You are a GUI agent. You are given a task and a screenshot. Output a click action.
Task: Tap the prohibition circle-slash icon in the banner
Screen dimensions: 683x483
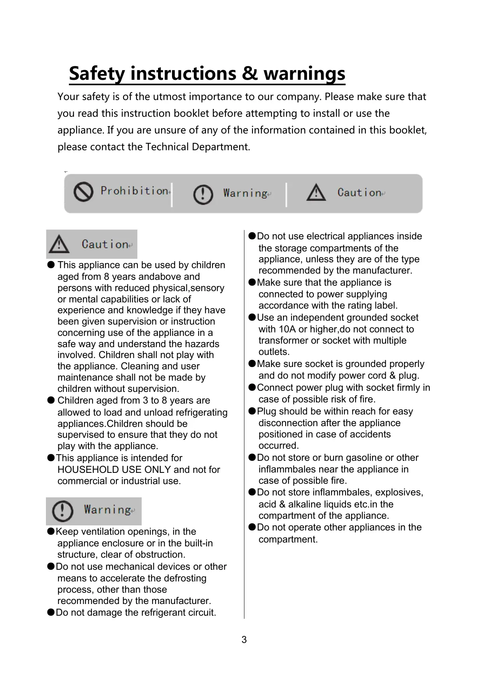83,192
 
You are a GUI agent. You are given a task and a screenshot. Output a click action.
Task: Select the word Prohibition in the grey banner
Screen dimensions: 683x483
134,191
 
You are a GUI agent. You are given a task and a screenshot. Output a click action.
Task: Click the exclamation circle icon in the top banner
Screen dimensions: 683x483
203,194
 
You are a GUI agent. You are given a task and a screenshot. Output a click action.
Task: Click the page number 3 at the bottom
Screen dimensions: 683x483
244,640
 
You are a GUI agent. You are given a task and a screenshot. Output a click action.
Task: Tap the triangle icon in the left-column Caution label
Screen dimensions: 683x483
59,244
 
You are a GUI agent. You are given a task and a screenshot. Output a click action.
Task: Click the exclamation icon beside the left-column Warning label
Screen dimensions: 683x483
62,511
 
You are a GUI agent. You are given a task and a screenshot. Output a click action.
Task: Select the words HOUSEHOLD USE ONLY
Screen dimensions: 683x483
114,470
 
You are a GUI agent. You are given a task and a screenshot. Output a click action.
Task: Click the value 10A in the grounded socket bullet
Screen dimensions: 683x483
287,329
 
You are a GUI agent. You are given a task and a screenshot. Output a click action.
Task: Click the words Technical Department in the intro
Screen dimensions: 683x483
197,147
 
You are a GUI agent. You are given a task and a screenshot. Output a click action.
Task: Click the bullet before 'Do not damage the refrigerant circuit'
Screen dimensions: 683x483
51,612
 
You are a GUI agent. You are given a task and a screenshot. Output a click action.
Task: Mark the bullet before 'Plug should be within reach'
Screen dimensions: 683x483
252,411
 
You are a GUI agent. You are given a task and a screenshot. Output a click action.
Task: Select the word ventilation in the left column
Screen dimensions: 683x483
100,532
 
